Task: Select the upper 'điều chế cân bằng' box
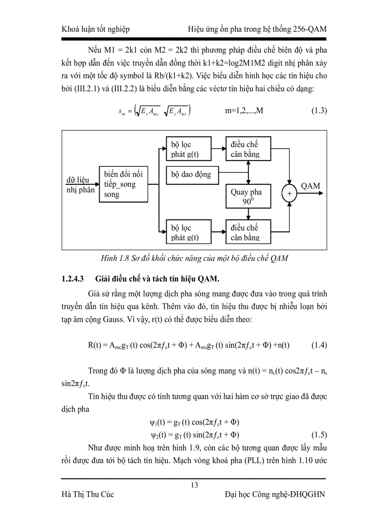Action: pyautogui.click(x=246, y=149)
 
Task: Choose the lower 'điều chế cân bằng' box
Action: pyautogui.click(x=246, y=232)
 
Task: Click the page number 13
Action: pyautogui.click(x=194, y=485)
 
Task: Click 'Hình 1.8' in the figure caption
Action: pyautogui.click(x=116, y=258)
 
